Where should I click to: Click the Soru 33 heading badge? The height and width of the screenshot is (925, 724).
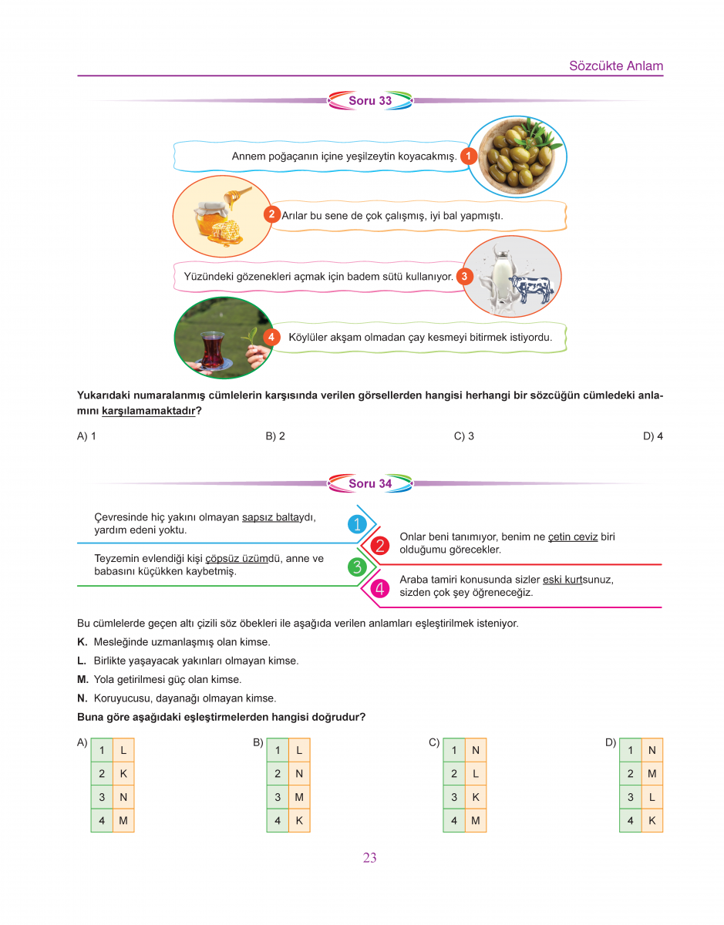click(x=370, y=101)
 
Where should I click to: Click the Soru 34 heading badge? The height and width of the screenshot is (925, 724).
click(x=370, y=484)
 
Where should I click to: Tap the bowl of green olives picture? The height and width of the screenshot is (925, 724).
click(x=517, y=156)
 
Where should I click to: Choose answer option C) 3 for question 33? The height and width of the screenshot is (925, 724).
click(x=464, y=436)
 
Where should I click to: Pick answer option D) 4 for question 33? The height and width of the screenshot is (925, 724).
click(x=652, y=436)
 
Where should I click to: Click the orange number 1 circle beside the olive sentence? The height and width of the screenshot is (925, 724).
click(x=468, y=156)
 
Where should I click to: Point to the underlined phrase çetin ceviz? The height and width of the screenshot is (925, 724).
click(x=573, y=536)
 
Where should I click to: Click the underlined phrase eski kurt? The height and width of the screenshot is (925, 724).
click(x=561, y=580)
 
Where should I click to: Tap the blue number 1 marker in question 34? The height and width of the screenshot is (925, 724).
click(x=356, y=524)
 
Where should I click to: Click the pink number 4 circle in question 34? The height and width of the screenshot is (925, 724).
click(x=379, y=589)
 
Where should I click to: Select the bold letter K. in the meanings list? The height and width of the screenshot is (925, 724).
click(x=83, y=642)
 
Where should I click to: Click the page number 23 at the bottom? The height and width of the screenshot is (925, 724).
click(x=369, y=858)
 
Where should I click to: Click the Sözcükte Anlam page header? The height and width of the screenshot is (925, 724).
click(x=615, y=66)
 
